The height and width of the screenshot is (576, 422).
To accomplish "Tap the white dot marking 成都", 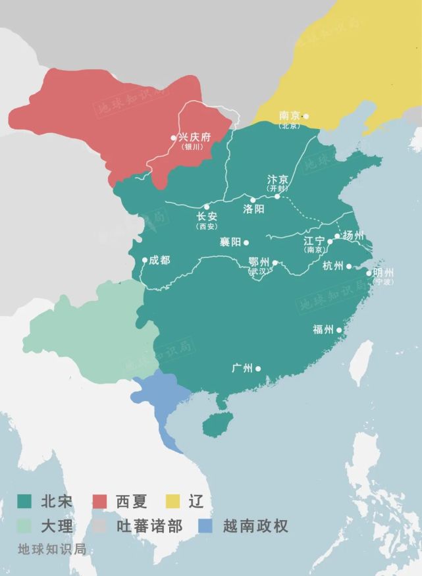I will pyautogui.click(x=145, y=260).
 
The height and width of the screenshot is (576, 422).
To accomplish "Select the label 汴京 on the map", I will pyautogui.click(x=277, y=180).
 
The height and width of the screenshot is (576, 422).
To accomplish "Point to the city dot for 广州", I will pyautogui.click(x=258, y=369).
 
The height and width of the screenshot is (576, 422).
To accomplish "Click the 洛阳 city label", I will pyautogui.click(x=253, y=209).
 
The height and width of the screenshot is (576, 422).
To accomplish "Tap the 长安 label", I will pyautogui.click(x=207, y=216).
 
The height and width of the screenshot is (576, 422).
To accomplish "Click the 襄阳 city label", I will pyautogui.click(x=230, y=242).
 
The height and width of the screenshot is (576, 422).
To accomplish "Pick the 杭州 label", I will pyautogui.click(x=333, y=266).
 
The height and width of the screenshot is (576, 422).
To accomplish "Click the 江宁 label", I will pyautogui.click(x=314, y=241).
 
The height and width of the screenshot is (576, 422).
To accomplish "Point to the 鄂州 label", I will pyautogui.click(x=259, y=262).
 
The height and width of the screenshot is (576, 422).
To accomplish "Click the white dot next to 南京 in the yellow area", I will pyautogui.click(x=305, y=116).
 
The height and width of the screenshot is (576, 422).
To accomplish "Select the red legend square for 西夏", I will pyautogui.click(x=100, y=502).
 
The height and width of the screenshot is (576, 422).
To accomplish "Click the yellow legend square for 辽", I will pyautogui.click(x=173, y=502).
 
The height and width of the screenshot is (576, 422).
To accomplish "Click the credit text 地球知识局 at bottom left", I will pyautogui.click(x=52, y=550).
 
